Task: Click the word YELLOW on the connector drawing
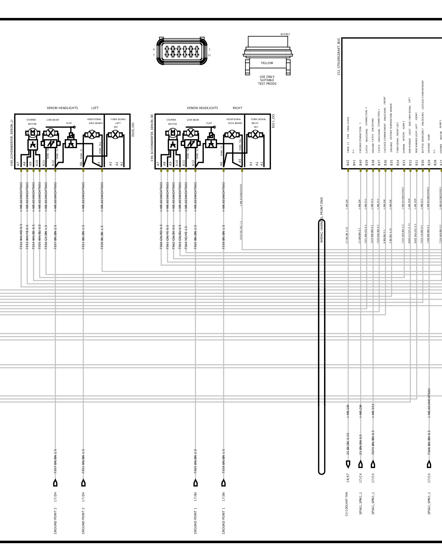click(x=267, y=63)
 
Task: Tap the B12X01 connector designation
click(x=285, y=34)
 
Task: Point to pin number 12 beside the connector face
click(x=209, y=55)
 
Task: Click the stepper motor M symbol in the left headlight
click(x=33, y=133)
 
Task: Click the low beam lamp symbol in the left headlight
click(x=51, y=133)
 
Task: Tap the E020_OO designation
click(x=133, y=129)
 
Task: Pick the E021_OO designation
click(x=273, y=121)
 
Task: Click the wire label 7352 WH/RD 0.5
click(x=21, y=237)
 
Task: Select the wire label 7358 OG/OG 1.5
click(x=241, y=230)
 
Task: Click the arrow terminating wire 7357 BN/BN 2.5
click(x=55, y=483)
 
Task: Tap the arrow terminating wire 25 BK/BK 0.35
click(x=348, y=464)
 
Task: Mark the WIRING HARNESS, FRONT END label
click(x=322, y=220)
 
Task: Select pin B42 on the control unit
click(x=348, y=163)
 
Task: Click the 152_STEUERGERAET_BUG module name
click(x=339, y=57)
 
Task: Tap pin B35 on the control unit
click(x=391, y=163)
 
